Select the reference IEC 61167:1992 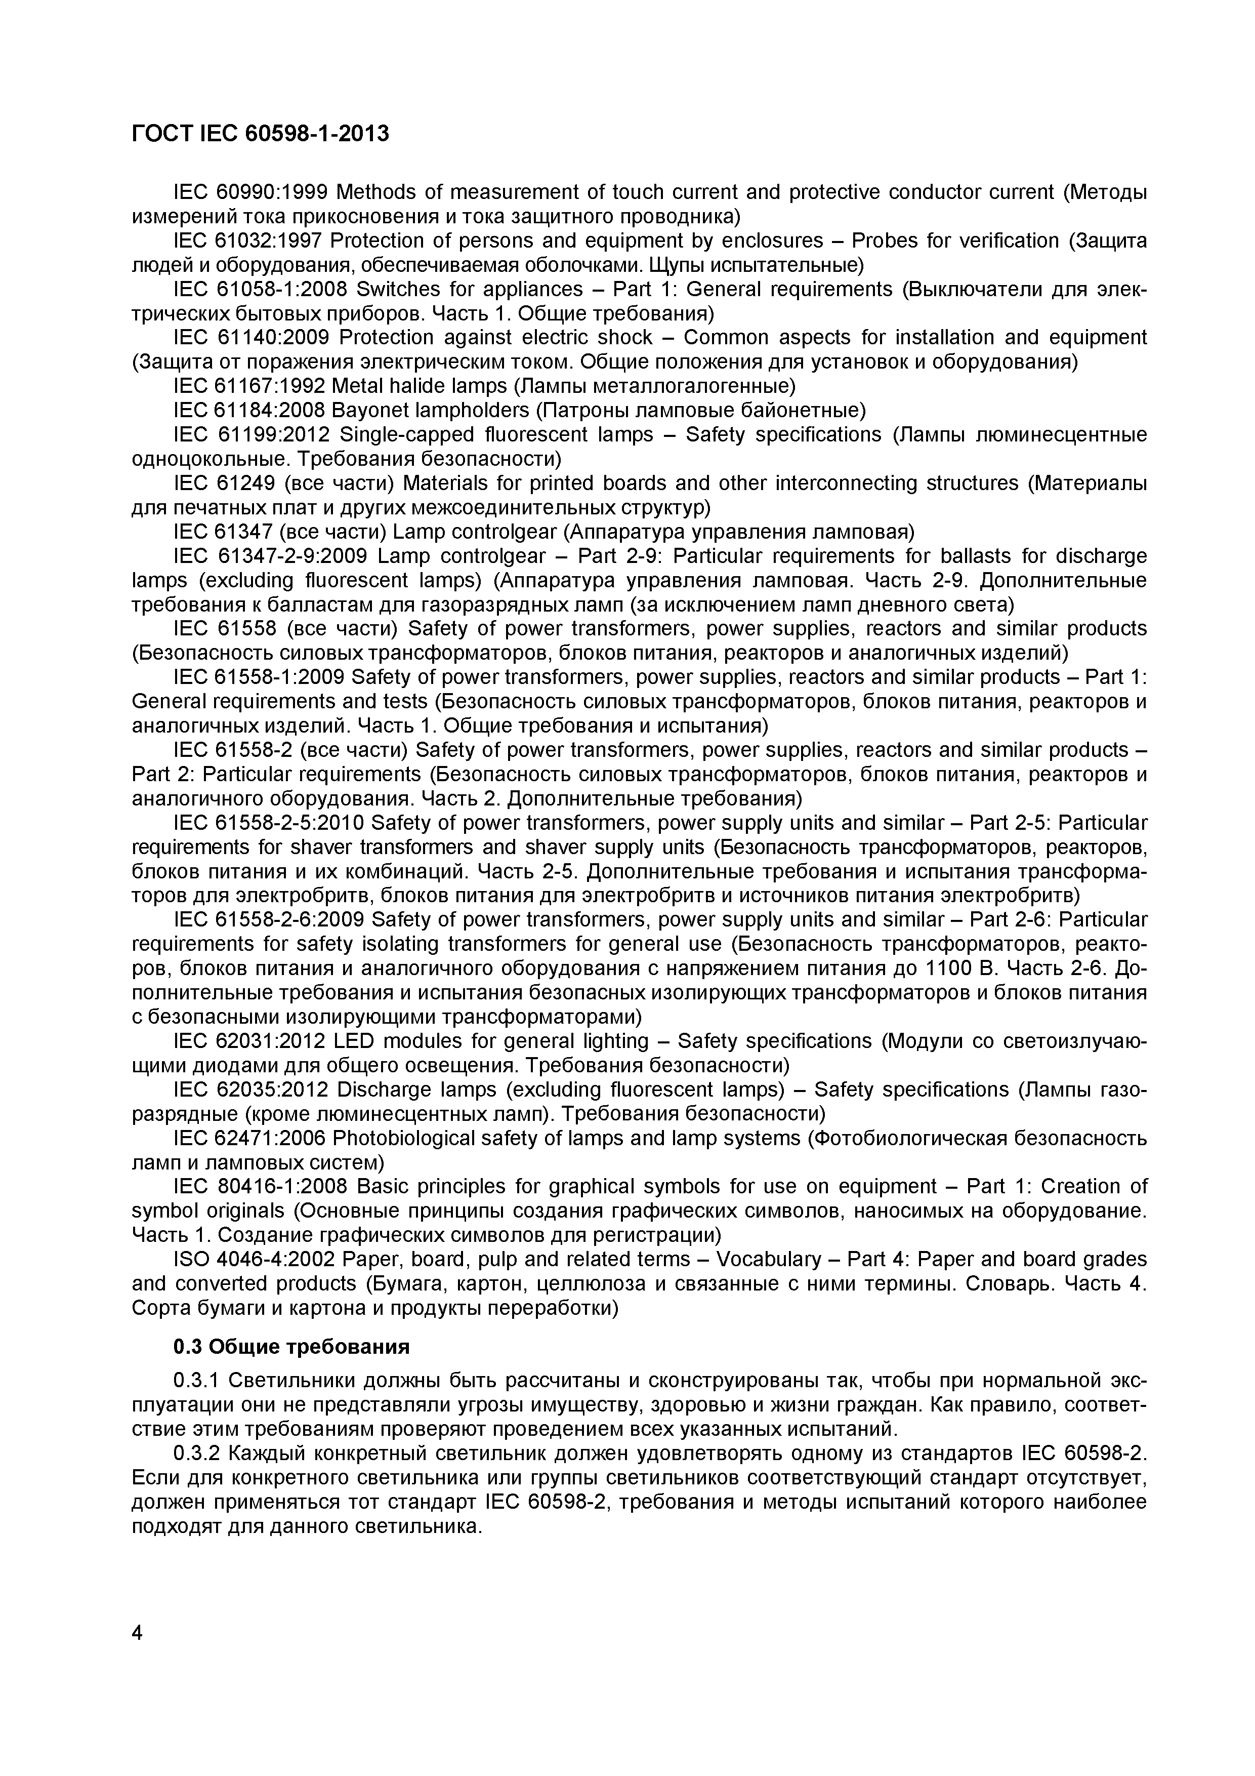252,386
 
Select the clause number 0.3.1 197,1381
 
